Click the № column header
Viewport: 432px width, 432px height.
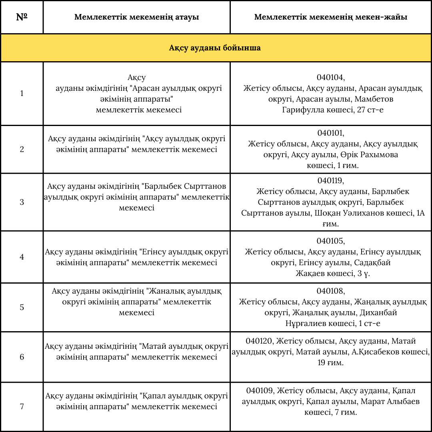coord(22,17)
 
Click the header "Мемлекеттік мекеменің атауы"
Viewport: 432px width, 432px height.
coord(136,17)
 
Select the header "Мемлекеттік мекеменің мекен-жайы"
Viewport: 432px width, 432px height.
coord(331,17)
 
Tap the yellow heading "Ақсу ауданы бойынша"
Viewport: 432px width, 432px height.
coord(215,48)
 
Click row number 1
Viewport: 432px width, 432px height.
coord(22,94)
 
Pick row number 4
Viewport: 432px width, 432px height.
coord(22,257)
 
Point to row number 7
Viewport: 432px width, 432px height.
coord(22,407)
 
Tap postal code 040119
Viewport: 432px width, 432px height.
coord(330,181)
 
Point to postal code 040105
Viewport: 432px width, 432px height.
coord(330,241)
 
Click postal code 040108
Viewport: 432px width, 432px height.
coord(330,291)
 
